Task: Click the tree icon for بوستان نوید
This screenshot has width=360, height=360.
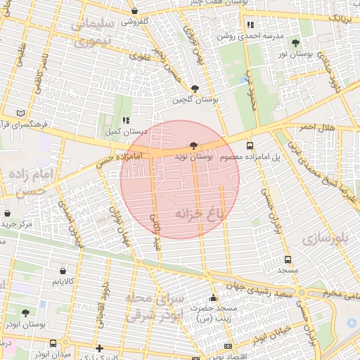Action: coord(194,144)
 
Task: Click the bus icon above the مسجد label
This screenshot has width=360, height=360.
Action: coord(288,258)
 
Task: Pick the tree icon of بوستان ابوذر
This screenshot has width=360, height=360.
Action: coord(26,313)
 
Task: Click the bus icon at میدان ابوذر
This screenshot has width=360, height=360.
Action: coord(53,343)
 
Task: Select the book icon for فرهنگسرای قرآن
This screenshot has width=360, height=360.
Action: coord(20,112)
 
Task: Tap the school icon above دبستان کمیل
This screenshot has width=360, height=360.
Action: coord(125,120)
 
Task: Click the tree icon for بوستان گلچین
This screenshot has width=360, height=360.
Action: coord(195,89)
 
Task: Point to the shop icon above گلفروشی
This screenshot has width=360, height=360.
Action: coord(134,11)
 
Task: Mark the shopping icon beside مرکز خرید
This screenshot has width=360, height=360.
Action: coord(7,213)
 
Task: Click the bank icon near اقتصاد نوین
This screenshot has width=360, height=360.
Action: coord(227,346)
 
